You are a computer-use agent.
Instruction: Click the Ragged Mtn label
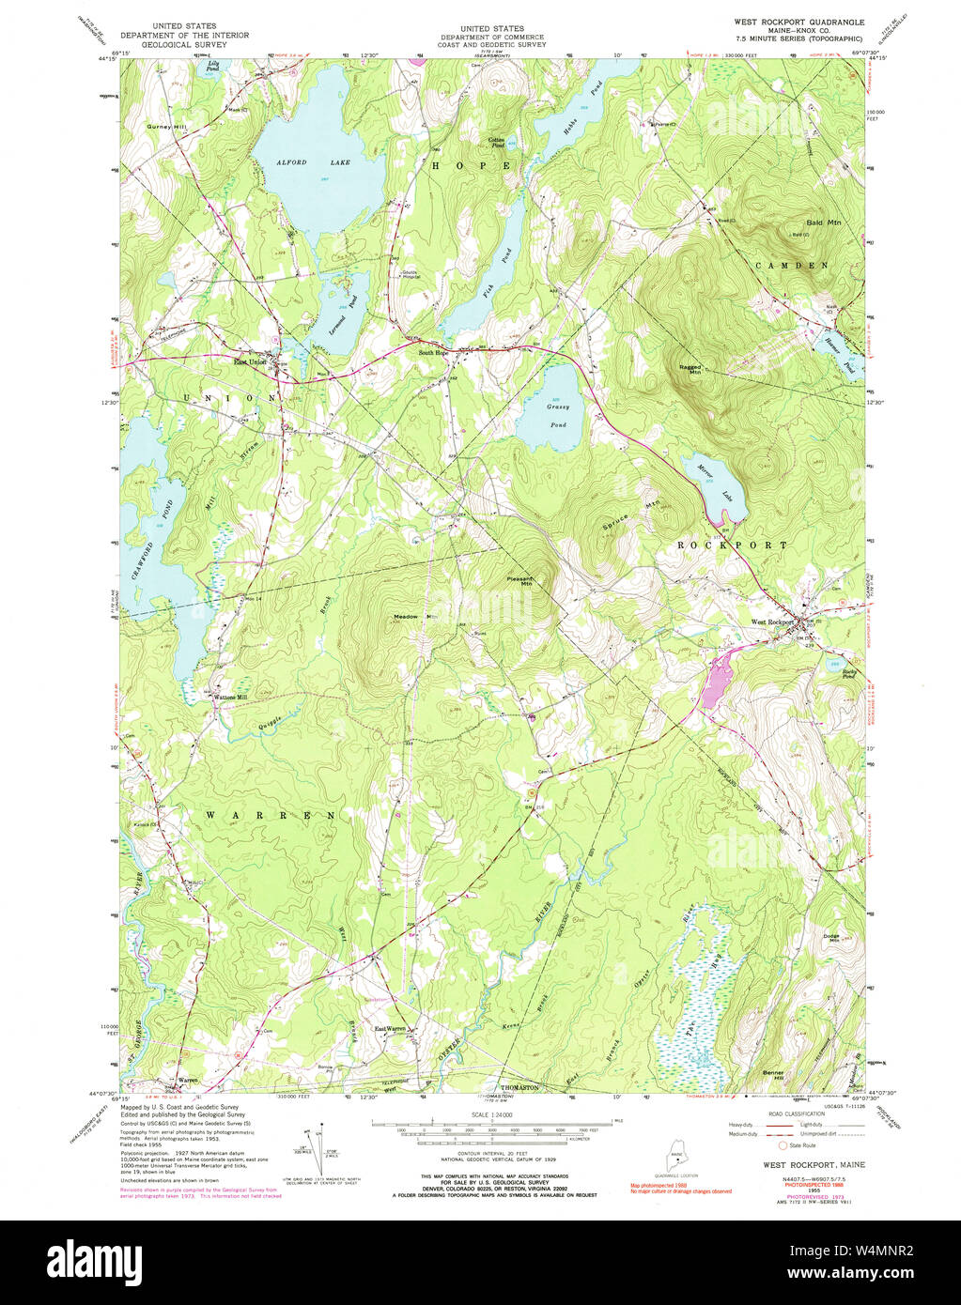(689, 369)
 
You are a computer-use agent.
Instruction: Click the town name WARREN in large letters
(271, 815)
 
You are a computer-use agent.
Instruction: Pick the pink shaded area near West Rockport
(717, 677)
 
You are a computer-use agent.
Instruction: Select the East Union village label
(250, 361)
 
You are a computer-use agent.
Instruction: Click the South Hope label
(434, 353)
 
